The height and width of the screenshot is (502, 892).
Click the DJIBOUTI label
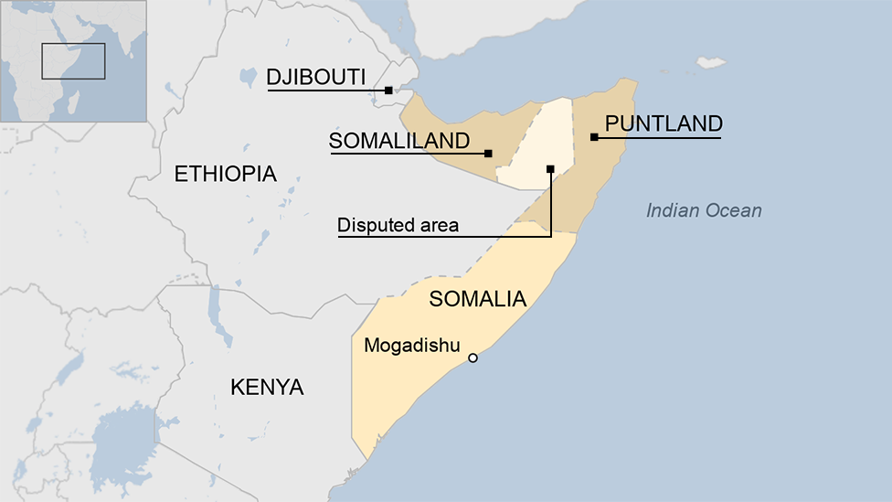click(x=316, y=77)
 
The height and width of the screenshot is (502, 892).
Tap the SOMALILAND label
click(x=399, y=141)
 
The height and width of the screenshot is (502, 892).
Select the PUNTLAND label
click(x=664, y=123)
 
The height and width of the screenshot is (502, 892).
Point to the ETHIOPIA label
click(x=225, y=174)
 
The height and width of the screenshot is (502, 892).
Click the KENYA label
click(x=267, y=387)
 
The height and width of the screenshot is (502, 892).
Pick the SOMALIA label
click(x=477, y=299)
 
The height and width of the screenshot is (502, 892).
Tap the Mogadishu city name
click(x=411, y=346)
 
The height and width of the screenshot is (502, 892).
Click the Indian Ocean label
click(x=704, y=211)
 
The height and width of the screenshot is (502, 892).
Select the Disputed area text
click(x=398, y=225)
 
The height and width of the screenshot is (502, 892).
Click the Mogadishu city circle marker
click(x=473, y=358)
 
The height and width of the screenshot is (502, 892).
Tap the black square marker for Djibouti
click(x=388, y=90)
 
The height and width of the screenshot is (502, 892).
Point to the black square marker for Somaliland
click(x=488, y=154)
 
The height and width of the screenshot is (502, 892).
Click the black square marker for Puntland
click(x=594, y=137)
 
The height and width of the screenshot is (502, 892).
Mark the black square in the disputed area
click(x=550, y=168)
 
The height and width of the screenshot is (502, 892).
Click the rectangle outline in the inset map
click(x=73, y=60)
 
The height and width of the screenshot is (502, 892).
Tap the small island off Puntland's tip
click(x=711, y=63)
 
